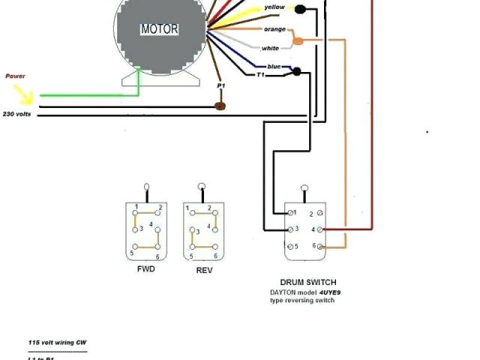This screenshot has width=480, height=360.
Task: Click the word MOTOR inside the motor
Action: coord(160,30)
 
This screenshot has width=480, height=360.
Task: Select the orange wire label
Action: coord(274,29)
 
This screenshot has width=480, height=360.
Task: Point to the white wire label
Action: coord(270,48)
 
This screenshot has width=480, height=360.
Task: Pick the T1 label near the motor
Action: coord(261,75)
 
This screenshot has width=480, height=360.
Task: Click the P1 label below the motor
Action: coord(220,86)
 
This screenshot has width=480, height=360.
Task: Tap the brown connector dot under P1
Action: coord(220,106)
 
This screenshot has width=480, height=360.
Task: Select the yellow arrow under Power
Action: coord(25,94)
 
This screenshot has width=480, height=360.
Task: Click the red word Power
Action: coord(15,76)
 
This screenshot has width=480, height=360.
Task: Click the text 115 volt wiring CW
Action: coord(57,342)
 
